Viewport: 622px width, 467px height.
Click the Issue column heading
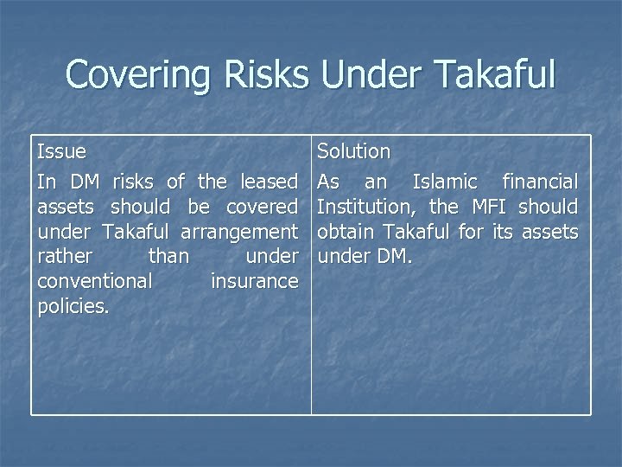(x=61, y=151)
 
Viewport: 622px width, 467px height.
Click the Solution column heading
(x=353, y=151)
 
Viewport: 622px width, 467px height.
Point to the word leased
(x=269, y=182)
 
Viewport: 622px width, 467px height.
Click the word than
(x=168, y=257)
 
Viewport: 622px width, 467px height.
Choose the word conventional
(x=95, y=282)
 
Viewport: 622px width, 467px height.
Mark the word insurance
(x=254, y=282)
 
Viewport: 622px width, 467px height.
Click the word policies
(x=73, y=307)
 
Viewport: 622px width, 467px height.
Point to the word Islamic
(x=444, y=182)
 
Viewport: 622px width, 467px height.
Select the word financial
(x=540, y=182)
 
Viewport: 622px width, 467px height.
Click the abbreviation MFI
(x=487, y=207)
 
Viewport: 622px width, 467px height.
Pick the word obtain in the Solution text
(x=346, y=232)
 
